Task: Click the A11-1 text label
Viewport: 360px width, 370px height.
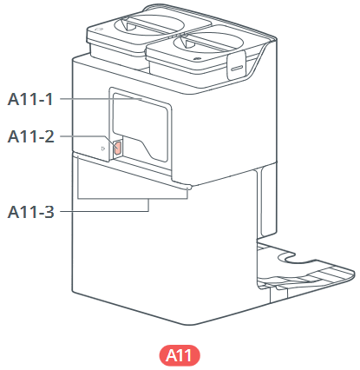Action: click(30, 99)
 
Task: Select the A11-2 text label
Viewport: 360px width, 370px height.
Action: click(30, 136)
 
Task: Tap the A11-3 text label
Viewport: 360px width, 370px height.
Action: click(30, 212)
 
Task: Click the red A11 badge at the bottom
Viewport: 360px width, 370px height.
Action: click(180, 355)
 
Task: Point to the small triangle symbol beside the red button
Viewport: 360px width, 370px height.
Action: click(103, 149)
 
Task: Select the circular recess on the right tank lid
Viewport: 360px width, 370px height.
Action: click(208, 43)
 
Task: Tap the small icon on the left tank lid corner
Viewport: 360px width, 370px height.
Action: click(99, 29)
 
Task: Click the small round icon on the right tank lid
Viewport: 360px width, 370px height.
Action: click(198, 58)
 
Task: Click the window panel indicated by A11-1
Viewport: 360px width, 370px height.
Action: click(140, 127)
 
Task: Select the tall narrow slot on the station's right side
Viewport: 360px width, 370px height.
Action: click(266, 202)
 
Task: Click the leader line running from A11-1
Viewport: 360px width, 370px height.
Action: click(101, 99)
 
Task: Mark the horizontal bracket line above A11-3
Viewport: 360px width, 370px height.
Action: click(133, 199)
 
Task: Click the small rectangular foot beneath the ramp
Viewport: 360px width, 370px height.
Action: click(278, 294)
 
